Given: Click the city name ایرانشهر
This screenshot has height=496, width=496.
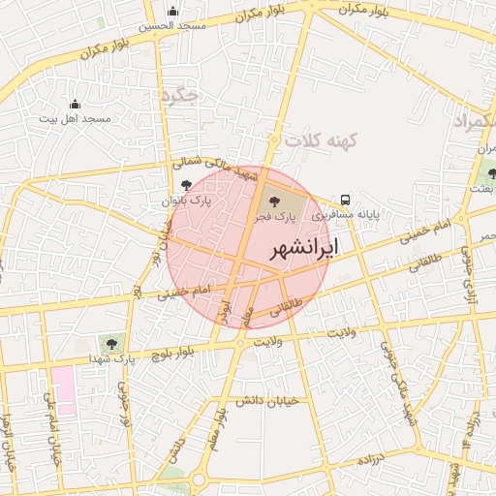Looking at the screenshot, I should point(303,248).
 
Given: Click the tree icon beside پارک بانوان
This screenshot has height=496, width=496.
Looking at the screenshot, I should point(186,185).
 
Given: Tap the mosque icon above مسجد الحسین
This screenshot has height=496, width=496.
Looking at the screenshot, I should point(172,13).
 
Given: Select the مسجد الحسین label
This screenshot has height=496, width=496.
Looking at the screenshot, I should point(172,26).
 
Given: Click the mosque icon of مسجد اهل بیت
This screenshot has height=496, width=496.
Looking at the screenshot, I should point(76,104).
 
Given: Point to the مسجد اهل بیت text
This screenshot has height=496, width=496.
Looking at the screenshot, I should point(76,118).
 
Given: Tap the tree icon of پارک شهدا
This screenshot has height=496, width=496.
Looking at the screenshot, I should point(112,342).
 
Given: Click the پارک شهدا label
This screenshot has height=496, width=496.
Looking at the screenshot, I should point(112,358).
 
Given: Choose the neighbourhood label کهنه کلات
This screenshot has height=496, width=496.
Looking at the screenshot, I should point(326,140).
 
